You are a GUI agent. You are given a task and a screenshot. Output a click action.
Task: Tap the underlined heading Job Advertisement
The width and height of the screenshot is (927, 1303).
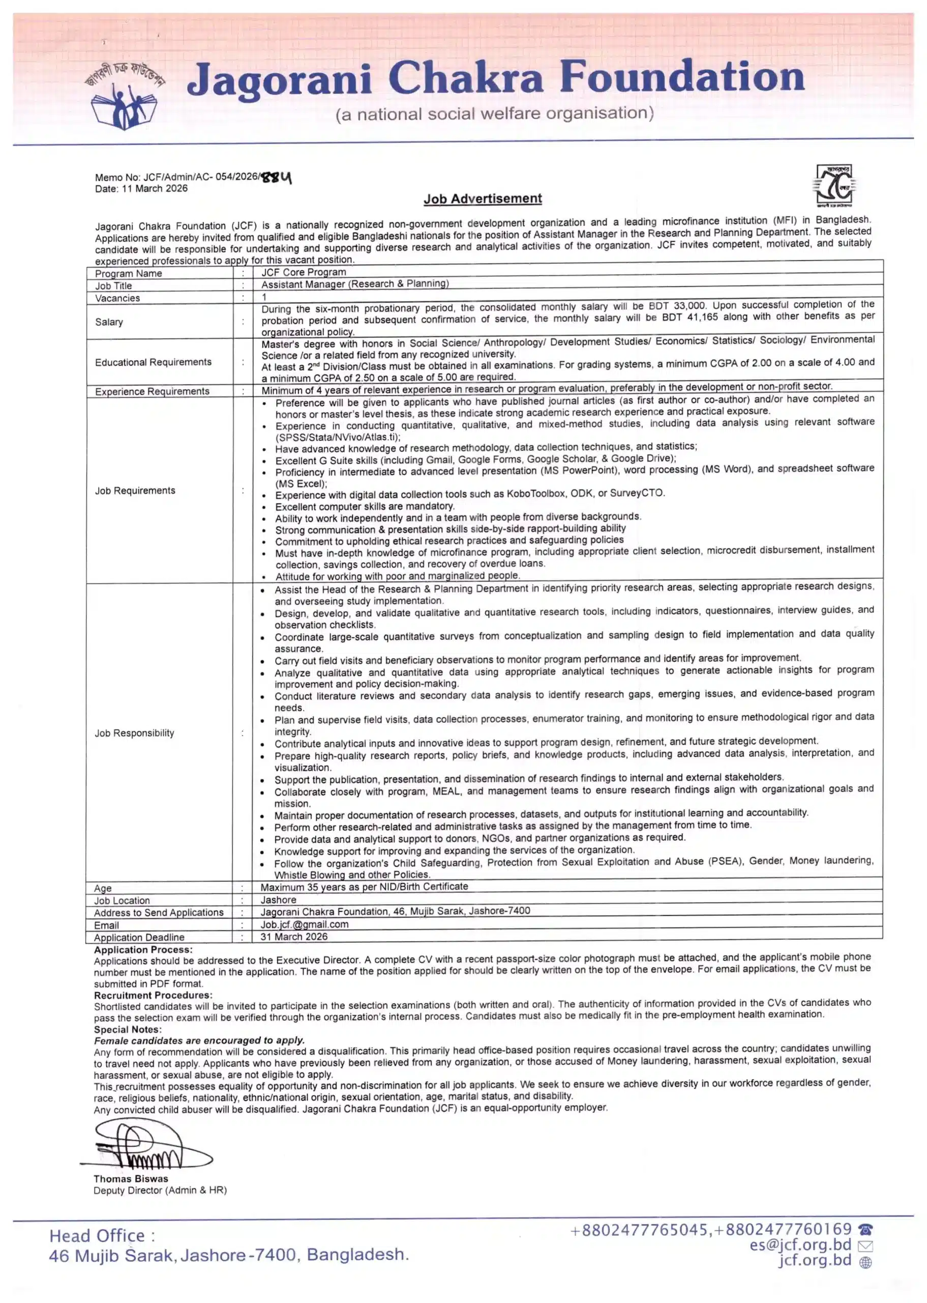[483, 199]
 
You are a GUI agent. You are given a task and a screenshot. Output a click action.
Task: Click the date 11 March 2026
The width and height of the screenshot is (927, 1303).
[154, 188]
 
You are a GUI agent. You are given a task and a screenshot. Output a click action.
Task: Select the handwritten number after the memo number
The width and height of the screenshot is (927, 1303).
[276, 178]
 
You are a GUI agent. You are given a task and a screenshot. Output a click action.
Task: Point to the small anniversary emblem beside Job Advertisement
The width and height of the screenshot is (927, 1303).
[834, 186]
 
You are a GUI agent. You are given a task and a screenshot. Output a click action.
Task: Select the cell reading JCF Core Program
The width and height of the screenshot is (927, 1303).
[304, 272]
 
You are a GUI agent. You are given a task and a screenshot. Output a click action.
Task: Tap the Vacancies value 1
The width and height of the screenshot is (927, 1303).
[264, 297]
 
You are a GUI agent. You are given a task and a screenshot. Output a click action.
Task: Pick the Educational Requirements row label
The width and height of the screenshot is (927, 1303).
[153, 362]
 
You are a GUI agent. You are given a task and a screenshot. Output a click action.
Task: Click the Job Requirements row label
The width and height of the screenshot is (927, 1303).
[135, 491]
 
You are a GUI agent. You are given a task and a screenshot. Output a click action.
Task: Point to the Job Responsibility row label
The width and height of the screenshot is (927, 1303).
[134, 733]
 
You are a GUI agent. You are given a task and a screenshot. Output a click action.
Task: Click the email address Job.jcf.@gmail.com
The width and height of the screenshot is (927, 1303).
[304, 924]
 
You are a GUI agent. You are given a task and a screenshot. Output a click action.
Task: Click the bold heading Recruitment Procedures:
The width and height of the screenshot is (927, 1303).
[153, 995]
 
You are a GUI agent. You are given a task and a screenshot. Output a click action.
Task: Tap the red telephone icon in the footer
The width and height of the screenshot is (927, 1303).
[865, 1229]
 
